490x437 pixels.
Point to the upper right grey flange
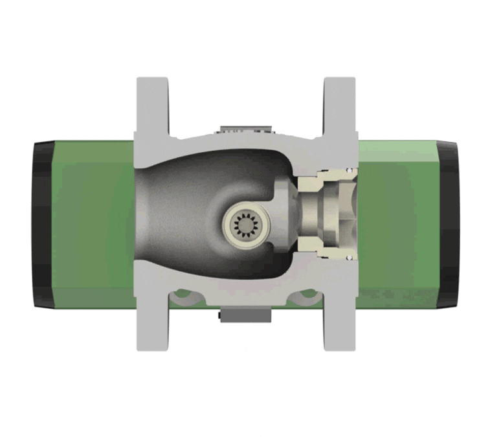tap(339, 107)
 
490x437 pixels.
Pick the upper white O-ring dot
tap(348, 170)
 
